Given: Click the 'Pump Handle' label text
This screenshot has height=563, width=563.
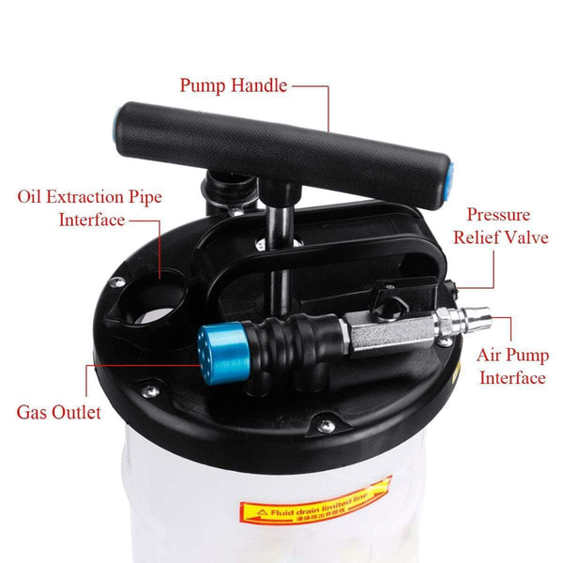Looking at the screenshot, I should point(235,86).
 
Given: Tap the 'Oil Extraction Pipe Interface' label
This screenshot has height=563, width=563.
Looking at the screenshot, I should point(89,208).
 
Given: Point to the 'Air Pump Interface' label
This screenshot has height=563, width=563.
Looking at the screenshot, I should point(511,367).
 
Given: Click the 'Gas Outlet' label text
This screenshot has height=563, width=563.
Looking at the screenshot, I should point(58,412).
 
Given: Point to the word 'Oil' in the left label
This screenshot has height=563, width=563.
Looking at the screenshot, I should point(31,197).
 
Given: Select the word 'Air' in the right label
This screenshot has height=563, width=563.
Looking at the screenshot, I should point(491,356).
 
